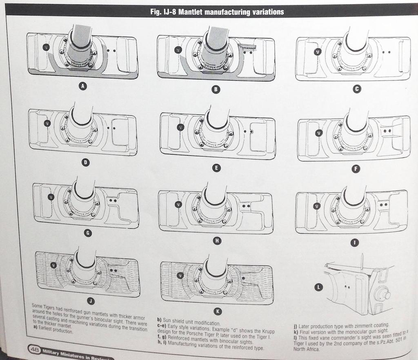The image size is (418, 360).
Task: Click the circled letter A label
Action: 83,86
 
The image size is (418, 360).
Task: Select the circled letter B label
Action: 217,89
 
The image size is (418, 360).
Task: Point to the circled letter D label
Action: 85,163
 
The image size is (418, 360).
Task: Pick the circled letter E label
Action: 217,168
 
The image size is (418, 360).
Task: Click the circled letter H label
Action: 217,241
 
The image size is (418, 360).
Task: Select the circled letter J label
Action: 91,301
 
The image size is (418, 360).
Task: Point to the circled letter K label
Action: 218,311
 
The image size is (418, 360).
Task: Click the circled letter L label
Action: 319,287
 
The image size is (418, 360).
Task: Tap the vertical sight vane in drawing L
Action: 362,262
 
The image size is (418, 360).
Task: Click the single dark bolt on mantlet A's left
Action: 46,47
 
